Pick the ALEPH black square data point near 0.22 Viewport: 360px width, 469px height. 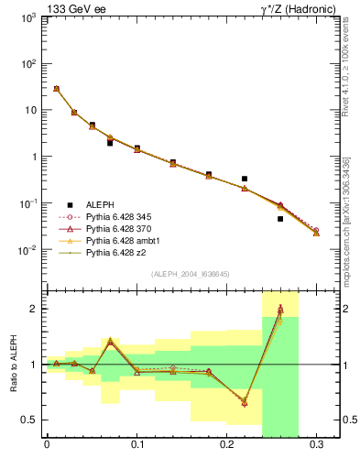[x=245, y=179]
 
